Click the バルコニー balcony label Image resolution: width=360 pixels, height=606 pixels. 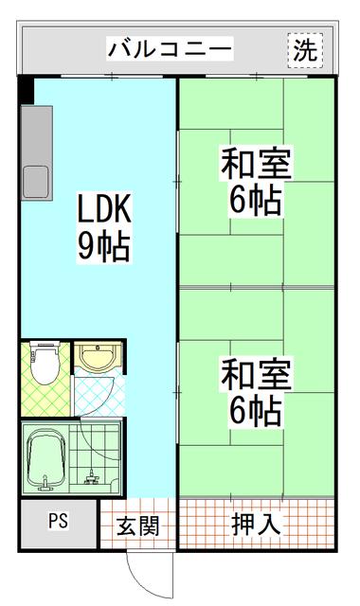pyautogui.click(x=170, y=49)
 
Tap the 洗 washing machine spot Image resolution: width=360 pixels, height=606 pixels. pyautogui.click(x=305, y=50)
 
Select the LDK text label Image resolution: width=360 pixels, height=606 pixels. pyautogui.click(x=105, y=208)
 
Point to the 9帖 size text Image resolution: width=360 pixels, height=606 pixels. pyautogui.click(x=103, y=246)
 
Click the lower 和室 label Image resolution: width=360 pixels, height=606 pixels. pyautogui.click(x=256, y=374)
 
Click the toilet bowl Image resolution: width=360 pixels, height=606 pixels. pyautogui.click(x=45, y=366)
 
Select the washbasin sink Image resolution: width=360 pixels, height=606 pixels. pyautogui.click(x=99, y=356)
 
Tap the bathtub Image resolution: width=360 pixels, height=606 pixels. pyautogui.click(x=45, y=458)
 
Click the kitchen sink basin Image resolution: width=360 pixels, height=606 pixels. pyautogui.click(x=36, y=182)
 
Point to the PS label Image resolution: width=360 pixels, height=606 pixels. pyautogui.click(x=58, y=520)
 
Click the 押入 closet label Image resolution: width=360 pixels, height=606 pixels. pyautogui.click(x=256, y=525)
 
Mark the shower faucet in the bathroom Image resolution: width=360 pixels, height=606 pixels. pyautogui.click(x=92, y=478)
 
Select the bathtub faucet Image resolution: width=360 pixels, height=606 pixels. pyautogui.click(x=45, y=484)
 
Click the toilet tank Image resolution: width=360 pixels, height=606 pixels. pyautogui.click(x=45, y=344)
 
